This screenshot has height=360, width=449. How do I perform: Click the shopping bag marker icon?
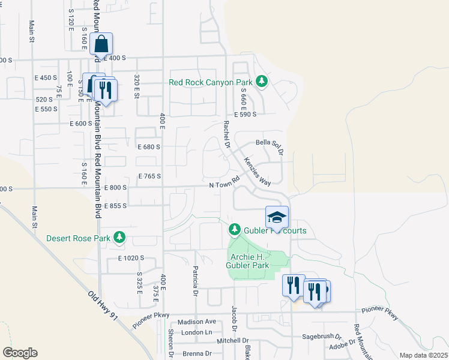[101, 44]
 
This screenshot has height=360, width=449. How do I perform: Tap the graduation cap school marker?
[277, 218]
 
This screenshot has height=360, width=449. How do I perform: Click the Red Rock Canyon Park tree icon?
[261, 81]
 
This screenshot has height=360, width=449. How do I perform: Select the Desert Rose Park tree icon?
[120, 238]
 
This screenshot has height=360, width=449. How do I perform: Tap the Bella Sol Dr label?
[269, 142]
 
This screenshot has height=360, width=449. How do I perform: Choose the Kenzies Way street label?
[257, 172]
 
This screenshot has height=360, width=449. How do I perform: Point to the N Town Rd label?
[224, 182]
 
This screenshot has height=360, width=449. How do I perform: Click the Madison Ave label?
[196, 322]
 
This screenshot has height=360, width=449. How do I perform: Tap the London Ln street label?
[197, 332]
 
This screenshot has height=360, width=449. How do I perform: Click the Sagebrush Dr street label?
[321, 337]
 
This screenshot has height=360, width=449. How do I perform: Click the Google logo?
[20, 353]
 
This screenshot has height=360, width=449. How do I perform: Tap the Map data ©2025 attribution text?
[423, 355]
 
